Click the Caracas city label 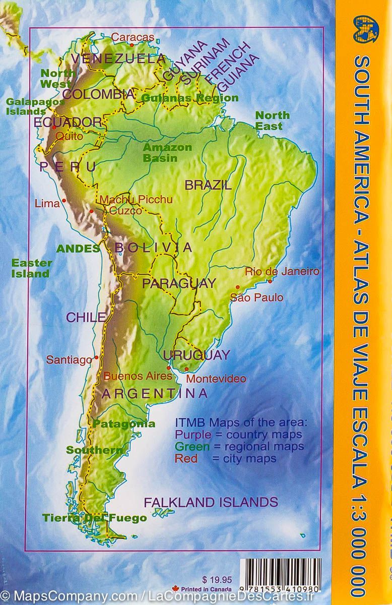[133, 37]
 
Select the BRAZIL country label [208, 185]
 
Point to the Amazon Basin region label [160, 153]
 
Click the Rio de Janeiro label [282, 271]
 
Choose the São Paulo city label [256, 297]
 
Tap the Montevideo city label [216, 378]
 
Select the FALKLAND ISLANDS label [211, 488]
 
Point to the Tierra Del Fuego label [94, 518]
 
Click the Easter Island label [32, 268]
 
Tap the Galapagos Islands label [26, 106]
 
